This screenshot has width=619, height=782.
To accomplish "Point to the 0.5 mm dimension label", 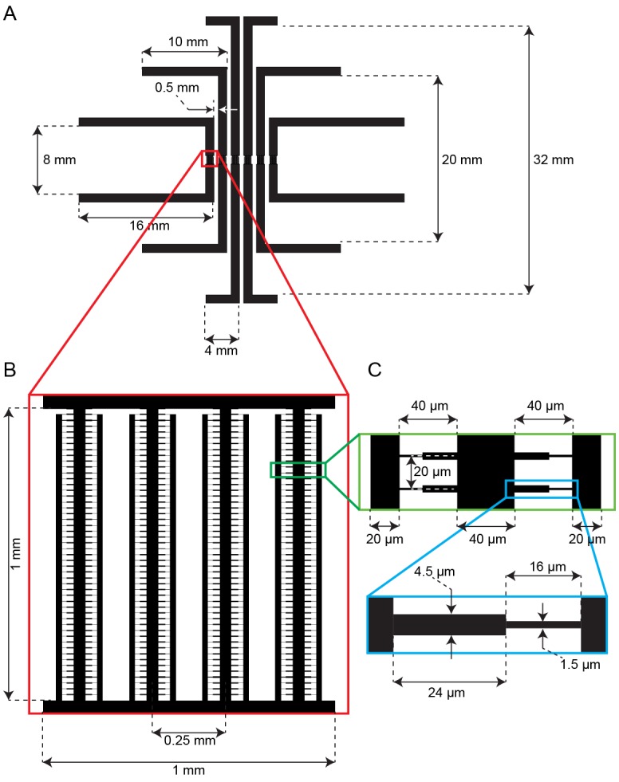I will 177,87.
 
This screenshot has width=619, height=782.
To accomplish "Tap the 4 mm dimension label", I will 221,348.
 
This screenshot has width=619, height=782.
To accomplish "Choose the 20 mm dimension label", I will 462,159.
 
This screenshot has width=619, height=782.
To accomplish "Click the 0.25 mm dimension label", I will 189,741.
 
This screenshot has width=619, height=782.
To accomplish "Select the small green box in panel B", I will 298,470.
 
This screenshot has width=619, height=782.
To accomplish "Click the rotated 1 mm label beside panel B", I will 22,553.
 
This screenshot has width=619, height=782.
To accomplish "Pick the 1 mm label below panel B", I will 189,772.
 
